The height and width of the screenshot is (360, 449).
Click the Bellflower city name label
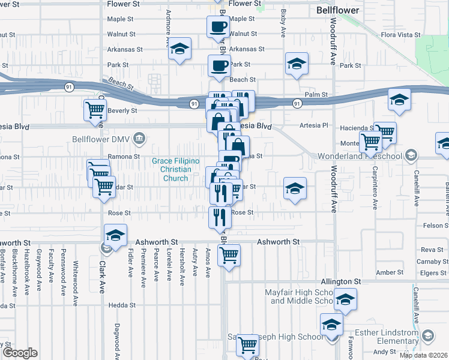pos(337,10)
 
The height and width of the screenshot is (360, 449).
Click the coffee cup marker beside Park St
pos(219,65)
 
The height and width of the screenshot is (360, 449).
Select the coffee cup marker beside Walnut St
pos(218,26)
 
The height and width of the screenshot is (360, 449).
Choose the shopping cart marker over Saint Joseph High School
pos(247,345)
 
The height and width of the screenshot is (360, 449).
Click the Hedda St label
pos(122,305)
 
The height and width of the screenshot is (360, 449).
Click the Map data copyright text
pos(424,355)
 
